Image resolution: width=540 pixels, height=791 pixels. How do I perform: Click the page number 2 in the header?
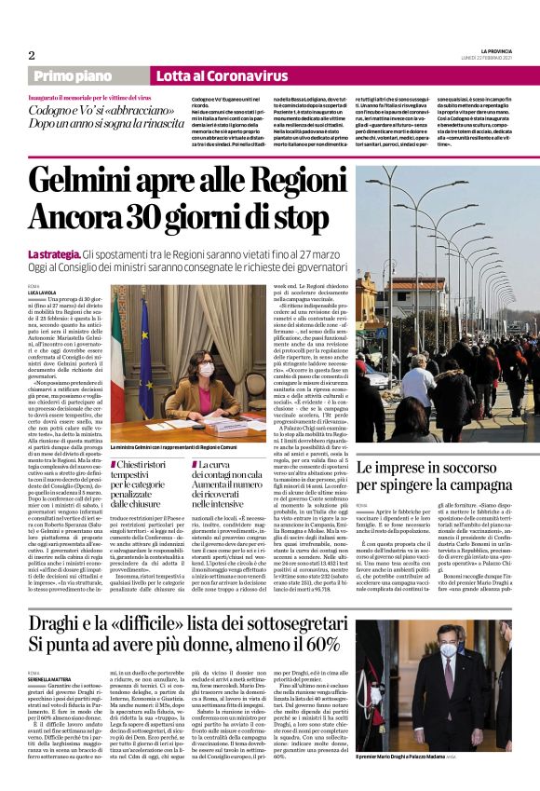click(30, 54)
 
